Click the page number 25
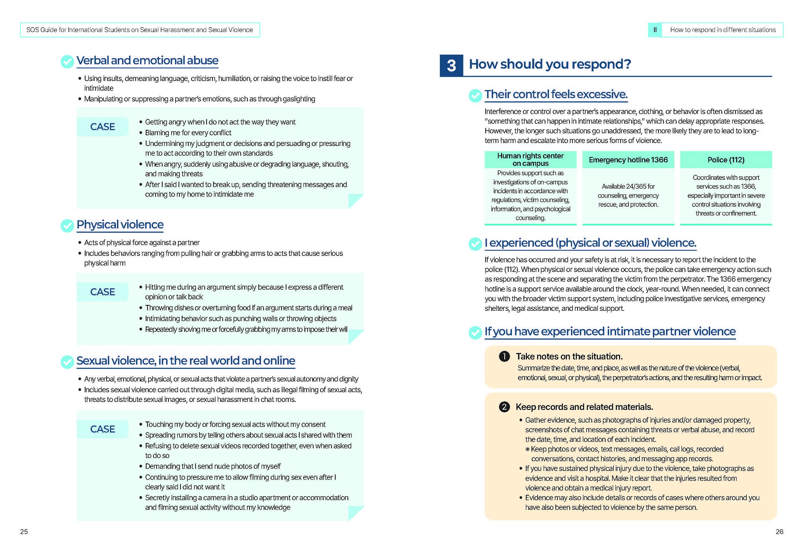[x=24, y=531]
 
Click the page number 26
[x=779, y=531]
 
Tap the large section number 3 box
[x=451, y=65]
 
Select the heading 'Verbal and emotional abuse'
[x=147, y=61]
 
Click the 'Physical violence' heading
[x=120, y=224]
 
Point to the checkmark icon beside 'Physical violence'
[x=67, y=226]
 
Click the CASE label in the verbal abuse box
[x=103, y=127]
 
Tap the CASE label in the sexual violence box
[x=103, y=429]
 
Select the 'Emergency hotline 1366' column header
[x=628, y=160]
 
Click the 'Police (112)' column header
[x=726, y=160]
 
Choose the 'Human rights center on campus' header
[x=530, y=159]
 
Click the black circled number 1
[x=504, y=356]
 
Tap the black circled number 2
[x=504, y=407]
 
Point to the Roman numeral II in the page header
[x=655, y=30]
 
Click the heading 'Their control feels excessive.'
[x=556, y=94]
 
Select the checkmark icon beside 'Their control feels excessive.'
[x=475, y=96]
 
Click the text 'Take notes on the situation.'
[x=569, y=356]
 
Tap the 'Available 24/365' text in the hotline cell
[x=628, y=187]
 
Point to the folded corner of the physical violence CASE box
[x=355, y=337]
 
